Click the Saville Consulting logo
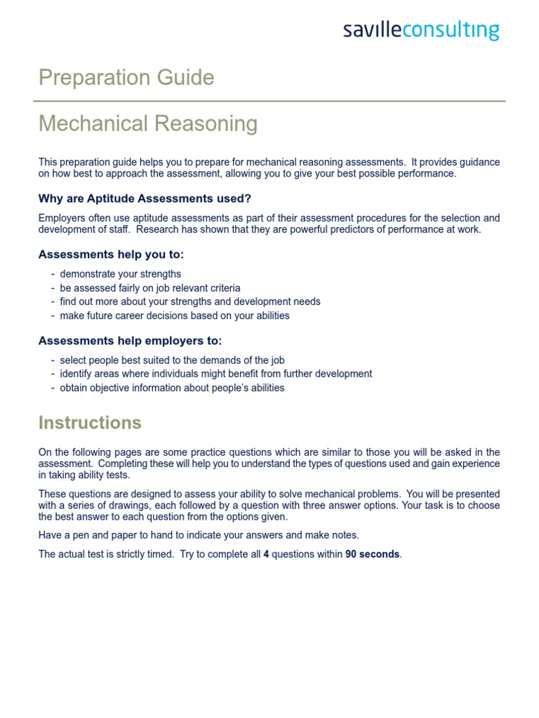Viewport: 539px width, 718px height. pyautogui.click(x=421, y=31)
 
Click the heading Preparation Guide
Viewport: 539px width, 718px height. pyautogui.click(x=126, y=78)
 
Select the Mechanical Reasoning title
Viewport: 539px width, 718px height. pyautogui.click(x=148, y=124)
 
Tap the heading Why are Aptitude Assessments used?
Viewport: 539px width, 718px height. pyautogui.click(x=145, y=198)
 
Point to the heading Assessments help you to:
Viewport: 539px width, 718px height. pyautogui.click(x=111, y=255)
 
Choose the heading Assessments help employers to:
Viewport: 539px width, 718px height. pyautogui.click(x=130, y=341)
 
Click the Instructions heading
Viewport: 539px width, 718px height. pyautogui.click(x=90, y=423)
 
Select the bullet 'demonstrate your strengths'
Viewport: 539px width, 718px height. pyautogui.click(x=120, y=274)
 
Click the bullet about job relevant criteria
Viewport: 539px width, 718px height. pyautogui.click(x=149, y=288)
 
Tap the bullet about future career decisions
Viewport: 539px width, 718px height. pyautogui.click(x=174, y=316)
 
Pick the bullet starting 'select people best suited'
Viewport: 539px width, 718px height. pyautogui.click(x=172, y=360)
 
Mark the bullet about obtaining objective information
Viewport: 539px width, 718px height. pyautogui.click(x=172, y=388)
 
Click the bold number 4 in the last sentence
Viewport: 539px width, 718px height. pyautogui.click(x=266, y=554)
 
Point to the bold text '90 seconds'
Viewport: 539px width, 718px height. pyautogui.click(x=372, y=554)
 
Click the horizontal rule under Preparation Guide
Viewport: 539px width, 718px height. pyautogui.click(x=272, y=101)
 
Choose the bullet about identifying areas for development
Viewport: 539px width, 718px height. pyautogui.click(x=215, y=374)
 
